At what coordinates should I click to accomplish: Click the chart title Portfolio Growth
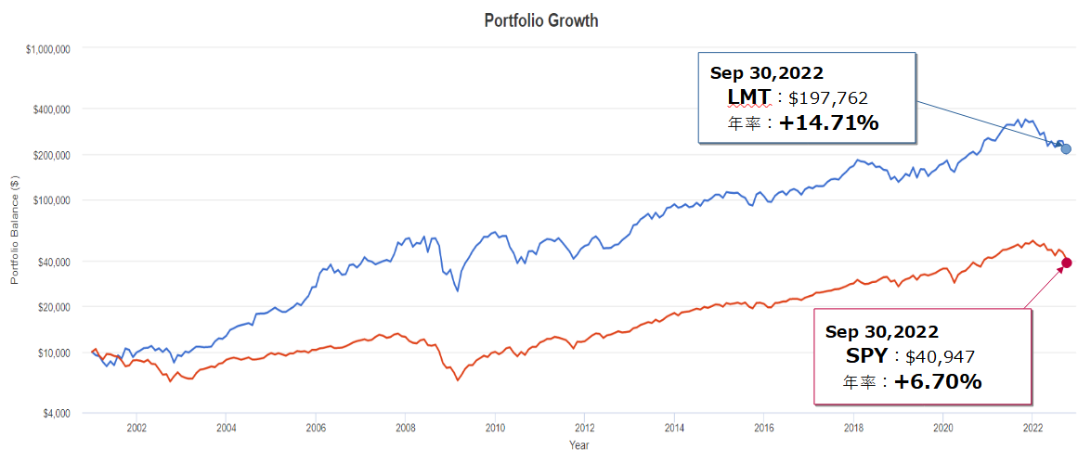pyautogui.click(x=541, y=20)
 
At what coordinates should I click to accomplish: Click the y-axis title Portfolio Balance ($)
pyautogui.click(x=15, y=230)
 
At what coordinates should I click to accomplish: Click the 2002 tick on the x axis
pyautogui.click(x=136, y=428)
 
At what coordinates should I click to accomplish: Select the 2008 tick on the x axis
pyautogui.click(x=406, y=428)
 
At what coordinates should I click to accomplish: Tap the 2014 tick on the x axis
pyautogui.click(x=674, y=428)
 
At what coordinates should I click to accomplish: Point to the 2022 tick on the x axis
pyautogui.click(x=1033, y=428)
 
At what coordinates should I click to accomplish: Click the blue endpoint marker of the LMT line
pyautogui.click(x=1066, y=149)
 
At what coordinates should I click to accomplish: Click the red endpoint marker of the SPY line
pyautogui.click(x=1066, y=263)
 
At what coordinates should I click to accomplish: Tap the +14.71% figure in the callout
pyautogui.click(x=829, y=122)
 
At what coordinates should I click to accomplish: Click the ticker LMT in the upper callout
pyautogui.click(x=748, y=96)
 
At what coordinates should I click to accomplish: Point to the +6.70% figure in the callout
pyautogui.click(x=938, y=380)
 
